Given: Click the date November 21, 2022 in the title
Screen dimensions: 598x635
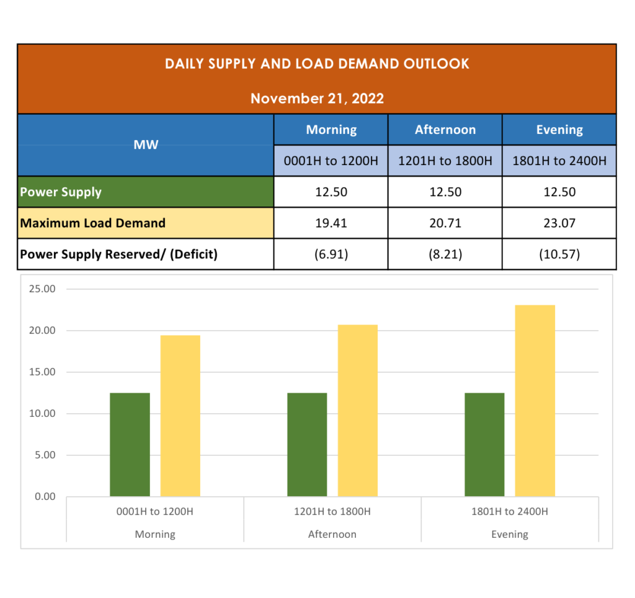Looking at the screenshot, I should click(x=317, y=98).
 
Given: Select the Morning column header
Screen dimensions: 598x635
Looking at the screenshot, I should click(x=331, y=130).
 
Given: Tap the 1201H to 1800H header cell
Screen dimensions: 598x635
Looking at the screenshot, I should click(x=445, y=161).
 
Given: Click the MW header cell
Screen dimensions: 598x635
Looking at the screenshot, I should click(x=146, y=145).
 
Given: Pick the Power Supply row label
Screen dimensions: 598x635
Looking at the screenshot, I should click(x=61, y=192).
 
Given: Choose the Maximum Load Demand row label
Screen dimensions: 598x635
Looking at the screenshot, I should click(x=93, y=223).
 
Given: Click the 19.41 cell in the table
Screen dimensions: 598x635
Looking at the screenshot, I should click(x=331, y=223).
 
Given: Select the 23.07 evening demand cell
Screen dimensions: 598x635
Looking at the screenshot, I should click(x=559, y=223).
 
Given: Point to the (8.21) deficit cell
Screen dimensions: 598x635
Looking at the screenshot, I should click(x=445, y=254).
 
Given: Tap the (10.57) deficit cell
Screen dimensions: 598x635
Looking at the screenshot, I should click(x=559, y=254).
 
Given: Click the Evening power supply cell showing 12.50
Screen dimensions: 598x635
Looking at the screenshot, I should click(x=559, y=192).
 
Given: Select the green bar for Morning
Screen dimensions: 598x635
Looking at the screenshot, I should click(x=130, y=444).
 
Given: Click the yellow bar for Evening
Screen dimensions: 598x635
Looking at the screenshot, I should click(x=535, y=401).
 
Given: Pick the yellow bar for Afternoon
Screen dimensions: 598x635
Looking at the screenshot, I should click(x=358, y=411).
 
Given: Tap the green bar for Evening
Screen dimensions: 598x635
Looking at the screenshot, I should click(x=484, y=444).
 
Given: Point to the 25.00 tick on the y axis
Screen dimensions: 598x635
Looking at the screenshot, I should click(x=42, y=289).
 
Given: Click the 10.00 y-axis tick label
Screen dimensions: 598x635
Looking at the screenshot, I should click(x=42, y=414).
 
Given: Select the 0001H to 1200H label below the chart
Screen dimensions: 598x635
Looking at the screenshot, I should click(x=155, y=512).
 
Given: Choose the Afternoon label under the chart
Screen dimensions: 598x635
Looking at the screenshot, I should click(x=332, y=534).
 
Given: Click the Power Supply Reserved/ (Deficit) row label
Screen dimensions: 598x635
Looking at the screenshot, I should click(x=119, y=254).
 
